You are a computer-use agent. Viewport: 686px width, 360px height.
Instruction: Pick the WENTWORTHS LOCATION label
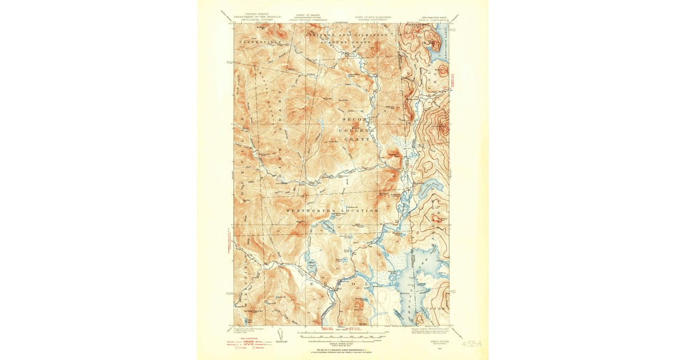pyautogui.click(x=332, y=210)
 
